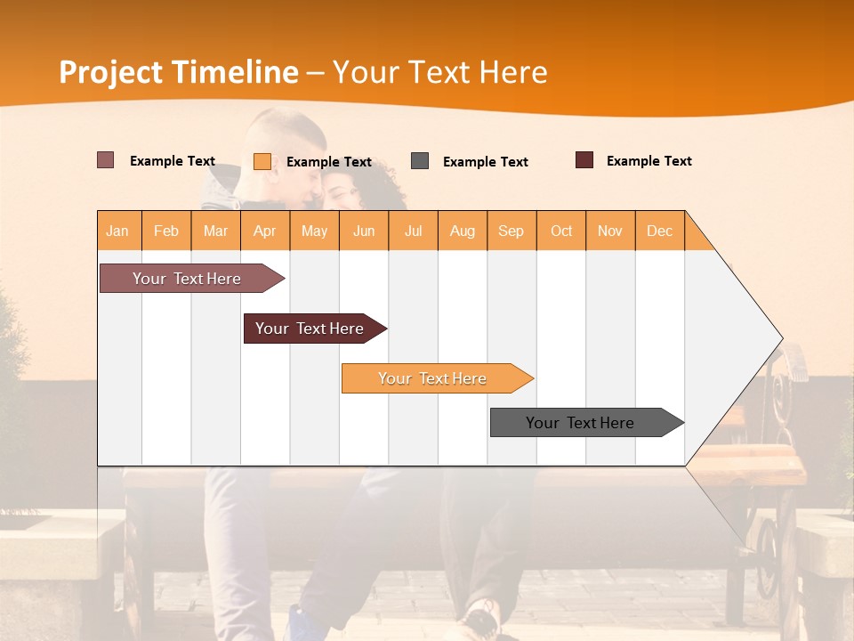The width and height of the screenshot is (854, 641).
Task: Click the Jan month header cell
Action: tap(118, 231)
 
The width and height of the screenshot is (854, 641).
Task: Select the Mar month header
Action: tap(215, 231)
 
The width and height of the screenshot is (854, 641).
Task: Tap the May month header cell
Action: tap(314, 231)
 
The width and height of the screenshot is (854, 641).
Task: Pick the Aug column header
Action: tap(462, 231)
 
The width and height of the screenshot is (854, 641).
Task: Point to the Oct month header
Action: tap(560, 231)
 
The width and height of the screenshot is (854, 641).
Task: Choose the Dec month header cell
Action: tap(659, 231)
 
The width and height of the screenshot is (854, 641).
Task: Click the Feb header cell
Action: tap(166, 231)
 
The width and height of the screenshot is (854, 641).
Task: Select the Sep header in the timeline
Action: tap(511, 231)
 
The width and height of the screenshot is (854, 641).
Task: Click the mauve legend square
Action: tap(106, 160)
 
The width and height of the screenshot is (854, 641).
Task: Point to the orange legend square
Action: tap(262, 161)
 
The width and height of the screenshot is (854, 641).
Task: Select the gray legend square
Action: tap(420, 161)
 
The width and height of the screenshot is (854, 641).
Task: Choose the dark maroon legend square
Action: tap(584, 160)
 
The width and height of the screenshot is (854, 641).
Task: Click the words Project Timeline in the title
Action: tap(179, 72)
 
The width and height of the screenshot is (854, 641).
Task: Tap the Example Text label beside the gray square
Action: tap(485, 162)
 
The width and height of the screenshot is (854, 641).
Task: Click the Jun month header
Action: tap(364, 231)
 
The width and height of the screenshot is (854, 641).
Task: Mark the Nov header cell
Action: tap(610, 231)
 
